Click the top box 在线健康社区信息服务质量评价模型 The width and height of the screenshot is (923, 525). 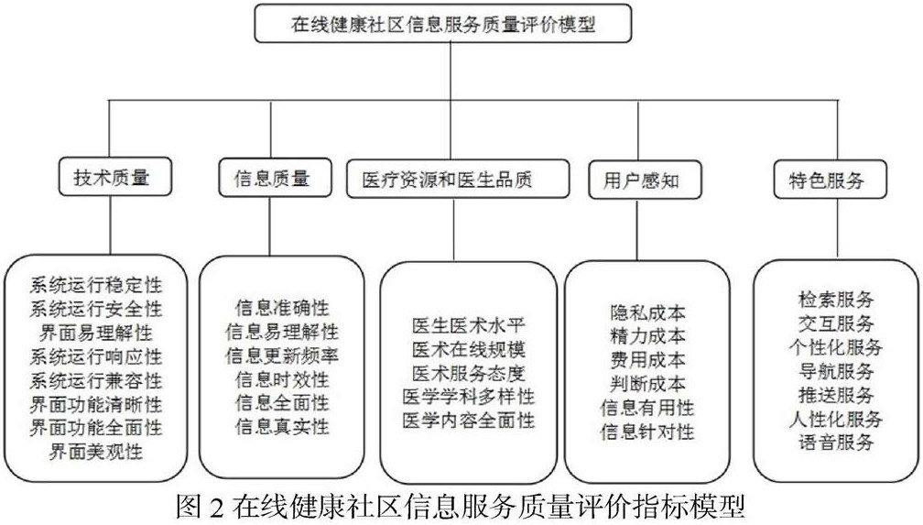443,26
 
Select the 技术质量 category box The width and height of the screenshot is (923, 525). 110,179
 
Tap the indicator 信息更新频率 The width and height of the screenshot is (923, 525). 282,355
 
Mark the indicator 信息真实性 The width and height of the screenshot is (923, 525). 282,426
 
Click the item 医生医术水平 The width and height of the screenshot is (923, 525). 469,326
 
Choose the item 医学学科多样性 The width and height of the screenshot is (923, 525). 469,398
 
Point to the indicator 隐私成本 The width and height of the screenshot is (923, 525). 647,312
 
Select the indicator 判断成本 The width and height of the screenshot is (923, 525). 647,383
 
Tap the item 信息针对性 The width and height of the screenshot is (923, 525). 647,431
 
